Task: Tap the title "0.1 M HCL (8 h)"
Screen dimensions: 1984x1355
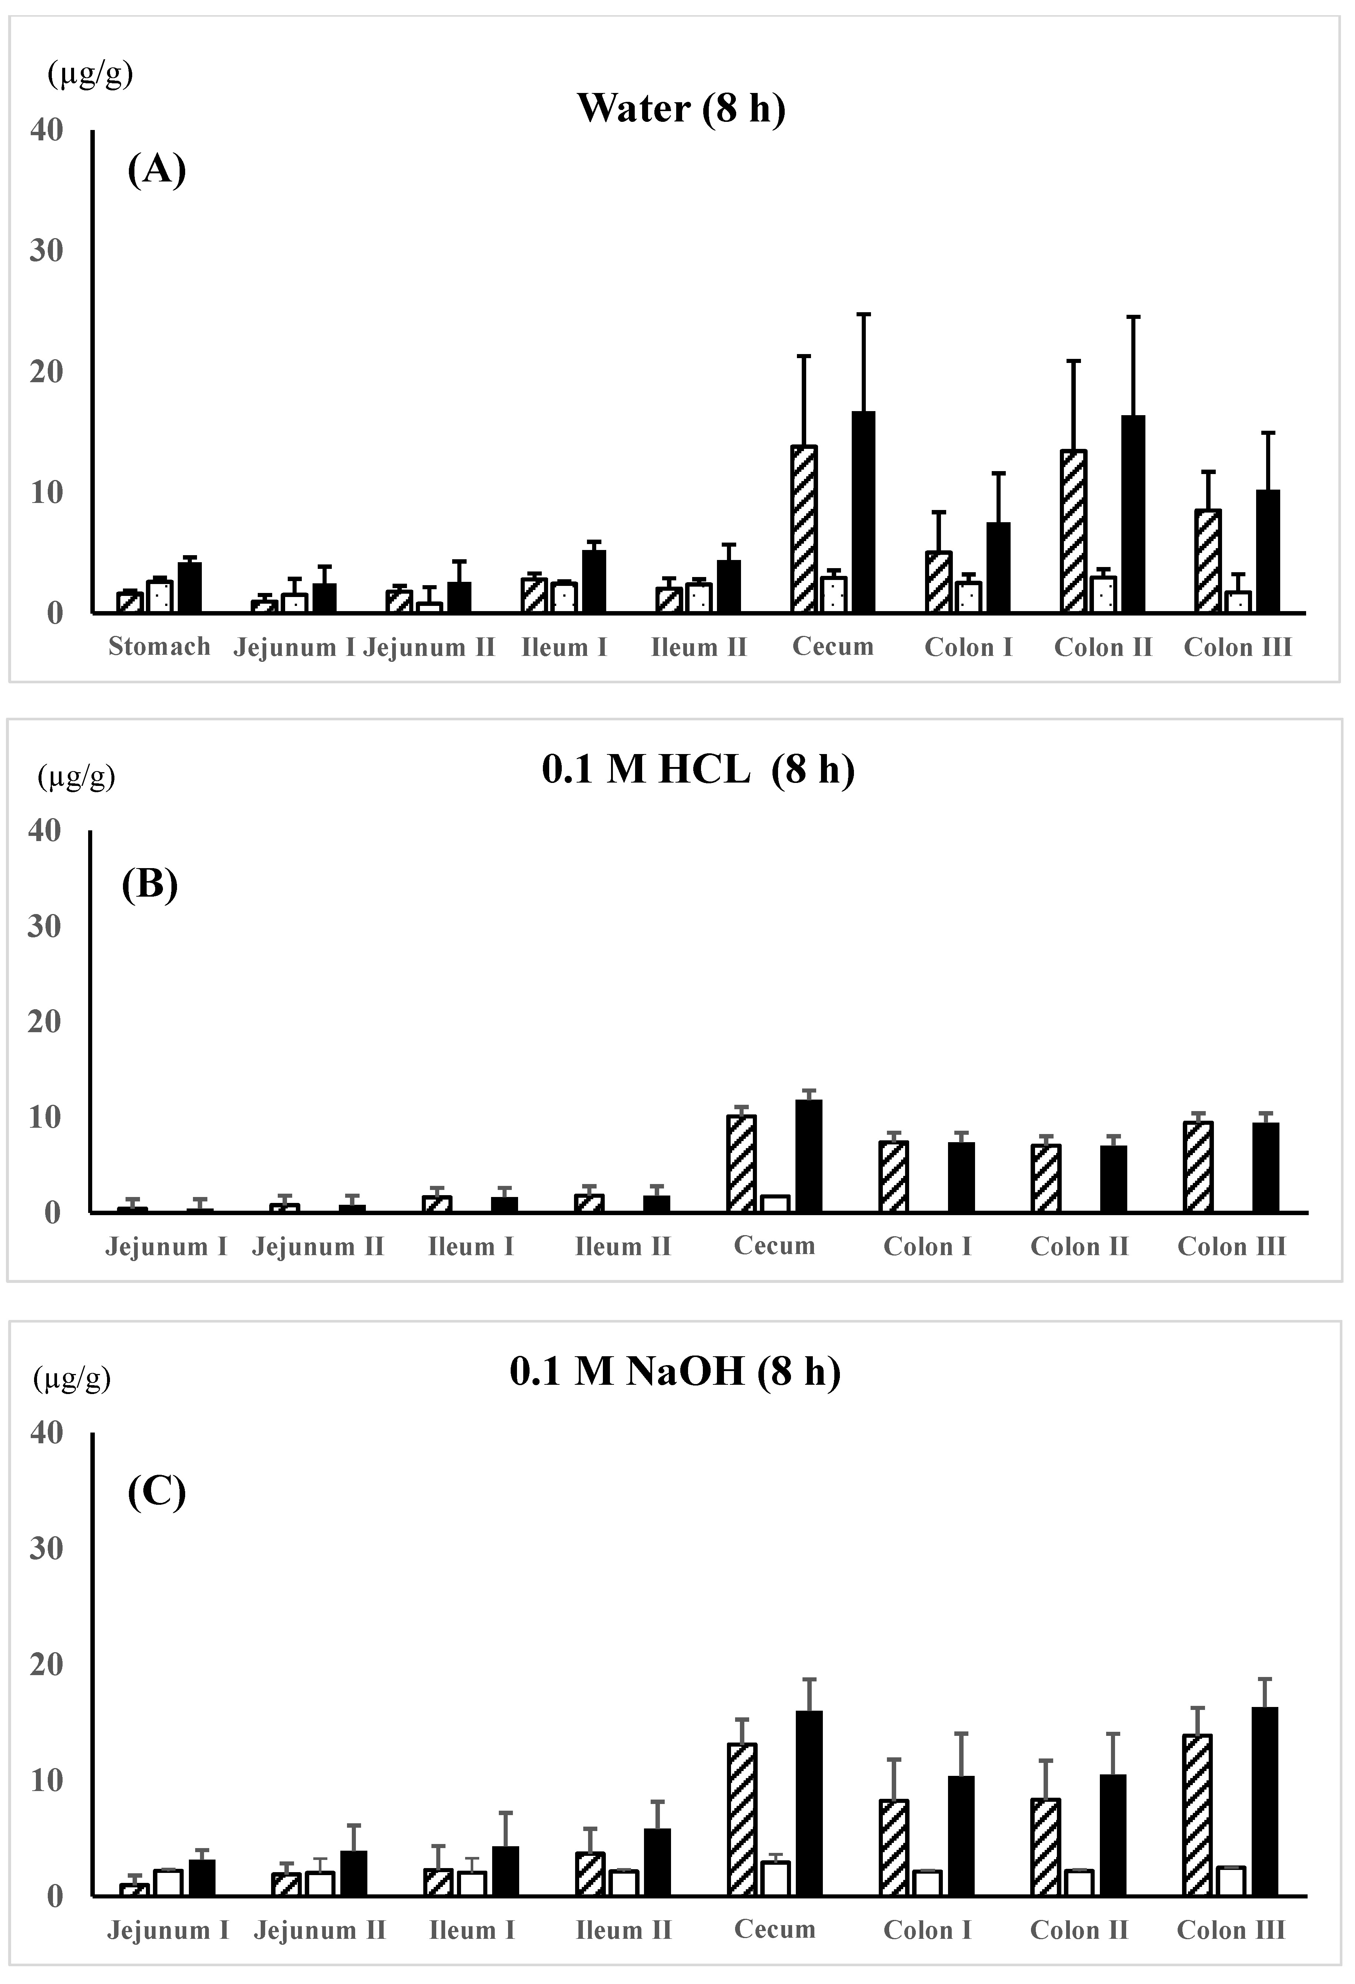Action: click(x=698, y=770)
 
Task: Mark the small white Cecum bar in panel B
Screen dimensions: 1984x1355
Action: click(x=774, y=1204)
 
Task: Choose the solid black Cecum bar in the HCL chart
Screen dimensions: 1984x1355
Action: click(x=808, y=1156)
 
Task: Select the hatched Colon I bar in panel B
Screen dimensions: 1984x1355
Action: click(x=893, y=1176)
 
